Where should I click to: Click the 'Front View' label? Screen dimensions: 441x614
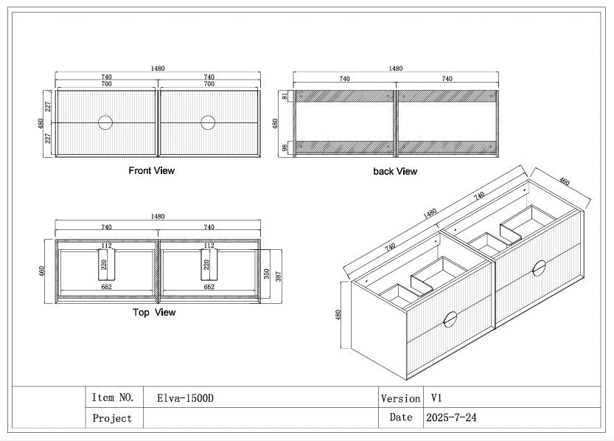tap(152, 170)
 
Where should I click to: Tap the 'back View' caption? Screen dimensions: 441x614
tap(394, 171)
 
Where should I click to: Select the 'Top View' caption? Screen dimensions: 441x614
tap(154, 312)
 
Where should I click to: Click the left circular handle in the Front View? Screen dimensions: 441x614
tap(105, 122)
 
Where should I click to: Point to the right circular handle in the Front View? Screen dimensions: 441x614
tap(208, 122)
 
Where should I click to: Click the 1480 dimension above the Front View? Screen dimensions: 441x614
tap(157, 69)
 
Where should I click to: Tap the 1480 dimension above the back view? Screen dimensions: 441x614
tap(396, 69)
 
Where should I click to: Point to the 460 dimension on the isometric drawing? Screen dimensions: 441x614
tap(564, 181)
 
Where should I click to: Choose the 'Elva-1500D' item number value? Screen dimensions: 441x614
tap(185, 398)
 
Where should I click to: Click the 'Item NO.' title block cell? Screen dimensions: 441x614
tap(114, 397)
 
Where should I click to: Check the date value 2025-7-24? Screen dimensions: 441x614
tap(451, 417)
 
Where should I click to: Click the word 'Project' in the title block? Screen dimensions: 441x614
tap(113, 418)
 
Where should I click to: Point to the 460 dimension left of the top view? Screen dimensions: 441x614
tap(43, 271)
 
